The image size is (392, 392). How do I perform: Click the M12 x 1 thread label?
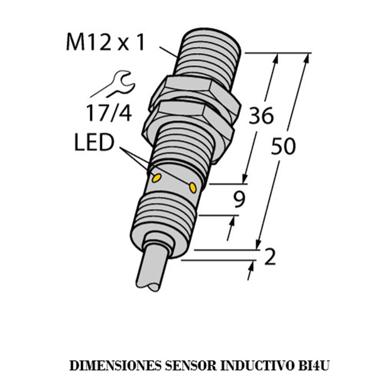pos(105,43)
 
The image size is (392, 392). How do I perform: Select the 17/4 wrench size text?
pos(109,113)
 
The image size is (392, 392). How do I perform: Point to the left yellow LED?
pos(157,178)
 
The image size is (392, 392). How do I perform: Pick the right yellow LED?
pos(193,187)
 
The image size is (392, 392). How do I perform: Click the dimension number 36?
pos(261,115)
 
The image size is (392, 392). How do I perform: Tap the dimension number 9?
pos(239,200)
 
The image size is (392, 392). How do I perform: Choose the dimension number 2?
pos(270,257)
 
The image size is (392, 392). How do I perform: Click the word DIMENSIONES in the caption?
pos(115,366)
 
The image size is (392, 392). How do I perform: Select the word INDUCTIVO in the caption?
pos(257,366)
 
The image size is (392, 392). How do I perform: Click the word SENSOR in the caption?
pos(190,366)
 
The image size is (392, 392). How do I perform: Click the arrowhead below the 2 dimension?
pos(251,267)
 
